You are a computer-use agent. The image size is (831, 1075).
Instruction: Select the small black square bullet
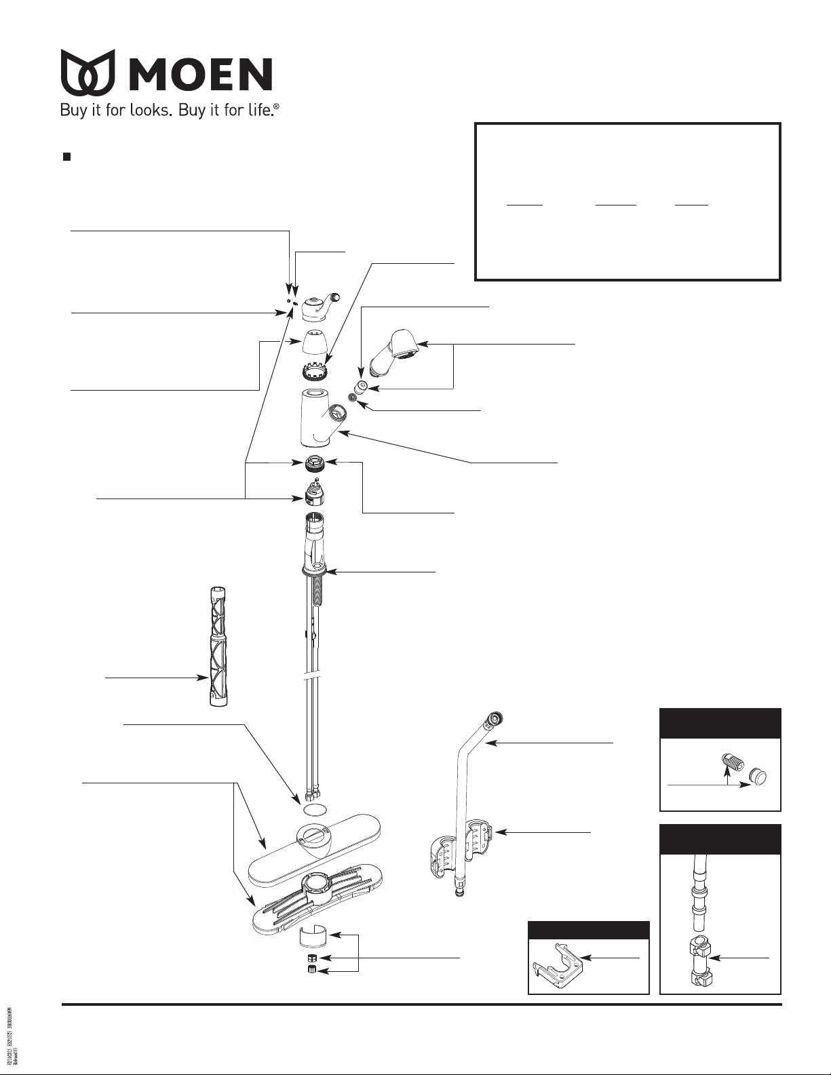point(67,157)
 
